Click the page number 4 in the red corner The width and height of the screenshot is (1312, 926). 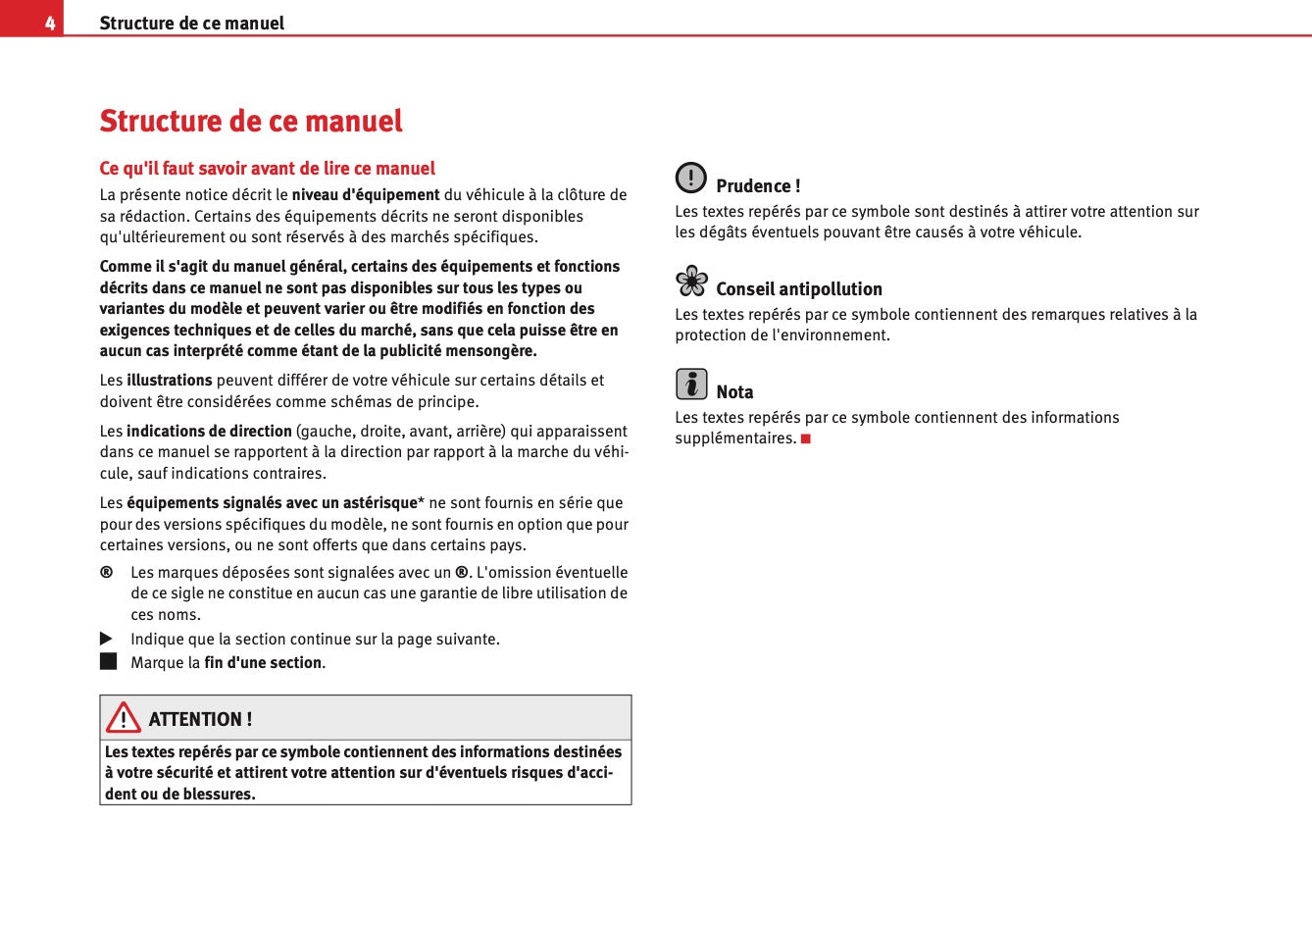49,23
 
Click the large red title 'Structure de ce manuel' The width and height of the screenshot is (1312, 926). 251,122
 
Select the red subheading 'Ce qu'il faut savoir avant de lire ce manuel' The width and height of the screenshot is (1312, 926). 267,169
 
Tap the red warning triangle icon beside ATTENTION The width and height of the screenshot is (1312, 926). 124,718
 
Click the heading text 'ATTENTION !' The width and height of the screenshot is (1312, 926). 200,719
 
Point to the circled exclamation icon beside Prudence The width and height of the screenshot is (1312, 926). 690,178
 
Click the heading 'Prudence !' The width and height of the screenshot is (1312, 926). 758,186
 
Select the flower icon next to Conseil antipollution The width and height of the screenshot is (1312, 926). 691,282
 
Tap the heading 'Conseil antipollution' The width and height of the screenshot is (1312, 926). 798,289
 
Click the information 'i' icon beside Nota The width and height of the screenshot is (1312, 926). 691,384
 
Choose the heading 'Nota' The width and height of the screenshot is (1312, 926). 734,392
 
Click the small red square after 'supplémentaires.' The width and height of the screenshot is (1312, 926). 806,438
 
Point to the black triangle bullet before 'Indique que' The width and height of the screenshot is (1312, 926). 107,639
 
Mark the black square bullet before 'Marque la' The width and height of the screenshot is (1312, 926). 108,661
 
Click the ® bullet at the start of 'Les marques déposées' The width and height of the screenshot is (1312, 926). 106,572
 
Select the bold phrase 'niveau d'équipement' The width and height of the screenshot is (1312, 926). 366,195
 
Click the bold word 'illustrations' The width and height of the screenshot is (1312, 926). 170,381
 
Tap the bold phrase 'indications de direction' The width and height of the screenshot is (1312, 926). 209,432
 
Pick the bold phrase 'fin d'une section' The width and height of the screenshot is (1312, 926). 263,663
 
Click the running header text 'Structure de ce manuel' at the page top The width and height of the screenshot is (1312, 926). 192,23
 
